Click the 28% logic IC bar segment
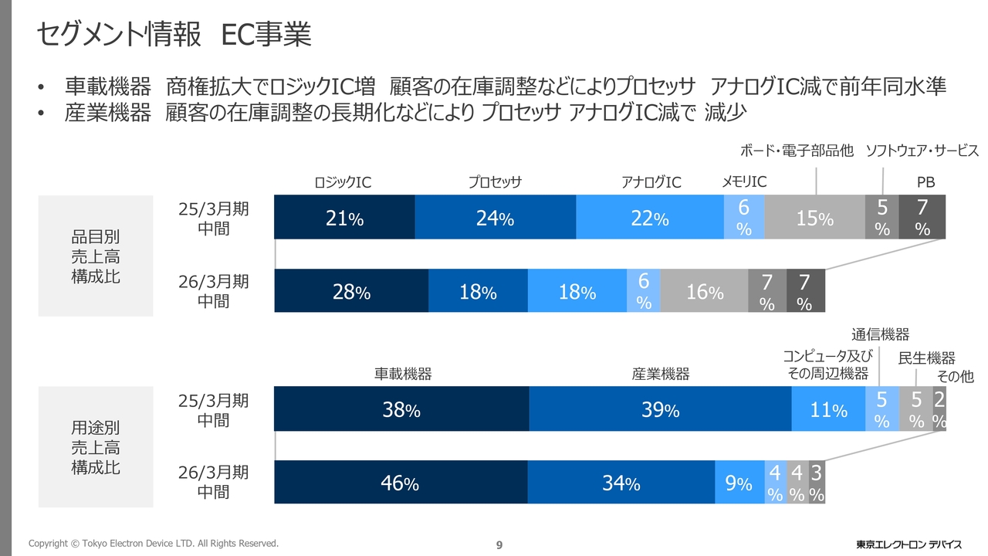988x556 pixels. point(351,291)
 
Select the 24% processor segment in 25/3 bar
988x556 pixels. point(495,218)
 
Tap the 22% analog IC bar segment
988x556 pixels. point(650,218)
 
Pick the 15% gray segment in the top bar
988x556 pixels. point(814,218)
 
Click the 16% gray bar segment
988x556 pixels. point(705,291)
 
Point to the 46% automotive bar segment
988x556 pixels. point(401,483)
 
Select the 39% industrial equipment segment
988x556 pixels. point(660,409)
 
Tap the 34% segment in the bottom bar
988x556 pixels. point(621,483)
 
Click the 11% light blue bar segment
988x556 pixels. point(828,409)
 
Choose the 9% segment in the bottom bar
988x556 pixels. point(739,483)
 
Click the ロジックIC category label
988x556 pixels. point(343,182)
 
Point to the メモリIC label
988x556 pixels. point(744,181)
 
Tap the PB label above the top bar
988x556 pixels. point(925,182)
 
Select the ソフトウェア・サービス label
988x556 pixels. point(922,151)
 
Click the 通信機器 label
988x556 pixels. point(880,334)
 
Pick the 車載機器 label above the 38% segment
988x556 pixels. point(403,375)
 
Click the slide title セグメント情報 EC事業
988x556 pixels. point(174,35)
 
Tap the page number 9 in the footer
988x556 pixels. point(499,545)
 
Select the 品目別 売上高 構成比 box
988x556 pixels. point(96,256)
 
